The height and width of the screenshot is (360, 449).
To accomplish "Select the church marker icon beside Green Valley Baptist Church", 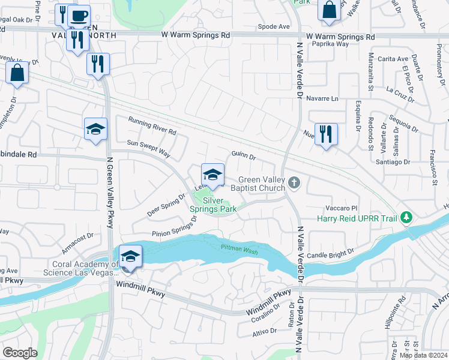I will coord(294,181).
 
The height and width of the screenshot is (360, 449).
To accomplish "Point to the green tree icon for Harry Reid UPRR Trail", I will coord(407,217).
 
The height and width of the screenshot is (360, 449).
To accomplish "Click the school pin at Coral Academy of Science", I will coord(130,256).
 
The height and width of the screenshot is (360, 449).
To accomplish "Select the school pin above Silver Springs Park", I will coord(212,175).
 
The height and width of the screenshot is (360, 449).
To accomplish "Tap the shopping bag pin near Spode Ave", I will coord(329,11).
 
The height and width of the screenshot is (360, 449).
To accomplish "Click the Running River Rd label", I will coord(152,126).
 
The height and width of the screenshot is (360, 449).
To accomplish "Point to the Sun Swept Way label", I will coord(149,148).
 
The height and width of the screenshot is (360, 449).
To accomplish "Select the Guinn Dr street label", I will coord(244,157).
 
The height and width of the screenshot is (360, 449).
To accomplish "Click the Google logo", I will coord(19,353).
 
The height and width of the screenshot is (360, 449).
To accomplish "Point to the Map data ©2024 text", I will coord(424,355).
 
